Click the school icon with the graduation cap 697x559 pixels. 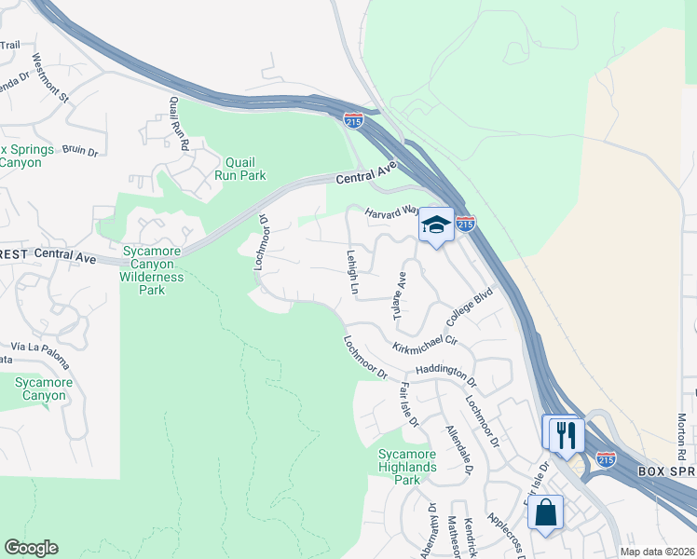435,225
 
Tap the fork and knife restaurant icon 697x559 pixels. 564,433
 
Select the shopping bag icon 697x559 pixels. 545,511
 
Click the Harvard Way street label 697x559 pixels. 389,211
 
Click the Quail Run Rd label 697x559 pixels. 180,123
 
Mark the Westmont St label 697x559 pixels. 50,77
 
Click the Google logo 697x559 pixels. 31,548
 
